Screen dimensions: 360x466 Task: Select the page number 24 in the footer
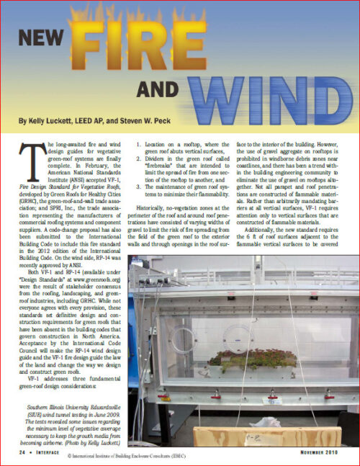(24, 453)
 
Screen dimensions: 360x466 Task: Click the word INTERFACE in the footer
(50, 453)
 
